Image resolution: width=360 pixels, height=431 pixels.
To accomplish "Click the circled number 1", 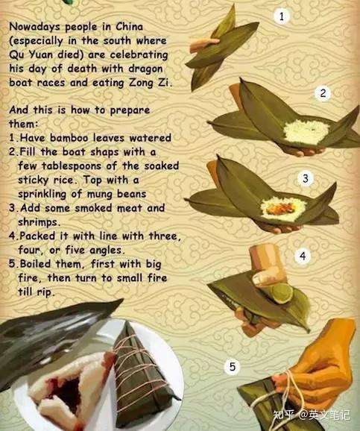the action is coord(281,16).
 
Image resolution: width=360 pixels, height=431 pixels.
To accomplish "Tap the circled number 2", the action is coord(323,93).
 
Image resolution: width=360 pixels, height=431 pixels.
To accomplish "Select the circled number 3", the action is coord(306,178).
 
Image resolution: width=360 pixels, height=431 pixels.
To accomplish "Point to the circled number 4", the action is coord(303,256).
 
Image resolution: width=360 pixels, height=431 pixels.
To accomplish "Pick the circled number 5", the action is coord(233,367).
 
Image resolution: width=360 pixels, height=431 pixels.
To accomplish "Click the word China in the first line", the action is coord(129,27).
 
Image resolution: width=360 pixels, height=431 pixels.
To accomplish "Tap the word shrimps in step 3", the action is coord(38,222).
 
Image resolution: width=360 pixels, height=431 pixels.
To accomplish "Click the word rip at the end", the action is coord(45,292).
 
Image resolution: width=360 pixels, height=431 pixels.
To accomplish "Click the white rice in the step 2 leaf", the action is coord(306,131).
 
